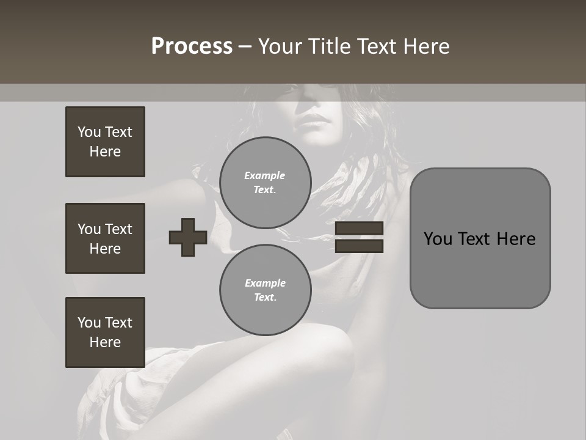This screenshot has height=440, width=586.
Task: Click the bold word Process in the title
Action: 192,46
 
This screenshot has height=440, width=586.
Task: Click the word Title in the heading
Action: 330,46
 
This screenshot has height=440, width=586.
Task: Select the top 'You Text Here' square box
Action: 105,142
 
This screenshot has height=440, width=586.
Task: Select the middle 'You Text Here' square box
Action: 105,238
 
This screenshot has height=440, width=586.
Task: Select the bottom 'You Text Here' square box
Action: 105,332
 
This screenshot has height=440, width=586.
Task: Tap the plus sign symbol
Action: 188,237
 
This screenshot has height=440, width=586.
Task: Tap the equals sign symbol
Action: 359,237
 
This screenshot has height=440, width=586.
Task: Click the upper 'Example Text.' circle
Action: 266,183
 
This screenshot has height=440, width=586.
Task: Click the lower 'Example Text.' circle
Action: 266,290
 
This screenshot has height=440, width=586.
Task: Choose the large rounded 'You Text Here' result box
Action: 480,238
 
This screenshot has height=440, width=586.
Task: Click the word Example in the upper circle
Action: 264,175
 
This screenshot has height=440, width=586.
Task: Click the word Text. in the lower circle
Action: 265,298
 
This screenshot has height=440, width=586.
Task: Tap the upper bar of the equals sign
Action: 359,229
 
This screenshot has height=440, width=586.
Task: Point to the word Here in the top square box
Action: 105,152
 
